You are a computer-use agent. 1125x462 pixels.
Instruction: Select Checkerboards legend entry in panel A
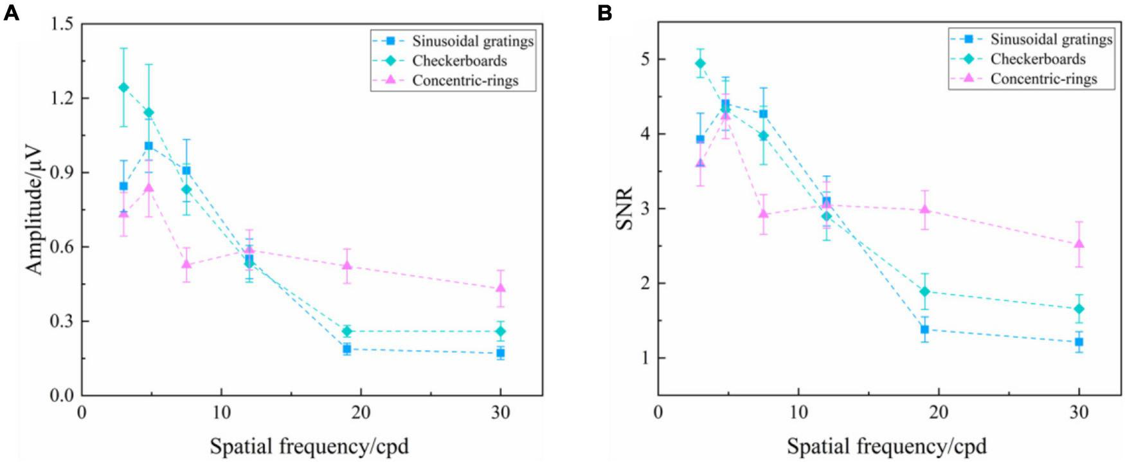point(459,61)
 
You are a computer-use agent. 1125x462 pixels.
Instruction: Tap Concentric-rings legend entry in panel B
point(1043,79)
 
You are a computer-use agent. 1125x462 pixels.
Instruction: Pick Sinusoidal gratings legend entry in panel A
point(473,41)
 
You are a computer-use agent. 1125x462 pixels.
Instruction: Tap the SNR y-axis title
point(624,208)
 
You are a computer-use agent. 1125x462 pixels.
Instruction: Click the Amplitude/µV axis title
point(34,210)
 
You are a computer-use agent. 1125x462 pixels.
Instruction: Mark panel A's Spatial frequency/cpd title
point(309,446)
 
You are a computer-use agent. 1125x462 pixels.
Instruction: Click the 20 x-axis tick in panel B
point(939,412)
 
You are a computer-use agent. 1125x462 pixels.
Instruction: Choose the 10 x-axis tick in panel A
point(221,412)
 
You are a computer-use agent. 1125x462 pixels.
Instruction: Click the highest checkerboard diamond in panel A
point(123,87)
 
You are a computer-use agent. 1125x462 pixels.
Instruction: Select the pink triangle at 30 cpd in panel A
point(501,288)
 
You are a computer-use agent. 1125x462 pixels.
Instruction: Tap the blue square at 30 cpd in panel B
point(1079,342)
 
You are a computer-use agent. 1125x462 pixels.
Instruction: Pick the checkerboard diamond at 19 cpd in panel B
point(925,291)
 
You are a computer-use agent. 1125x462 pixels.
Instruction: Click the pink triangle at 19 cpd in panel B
point(925,210)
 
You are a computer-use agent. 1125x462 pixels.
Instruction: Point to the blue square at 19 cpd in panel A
point(347,349)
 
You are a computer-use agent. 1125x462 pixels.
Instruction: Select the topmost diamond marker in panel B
point(700,63)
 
